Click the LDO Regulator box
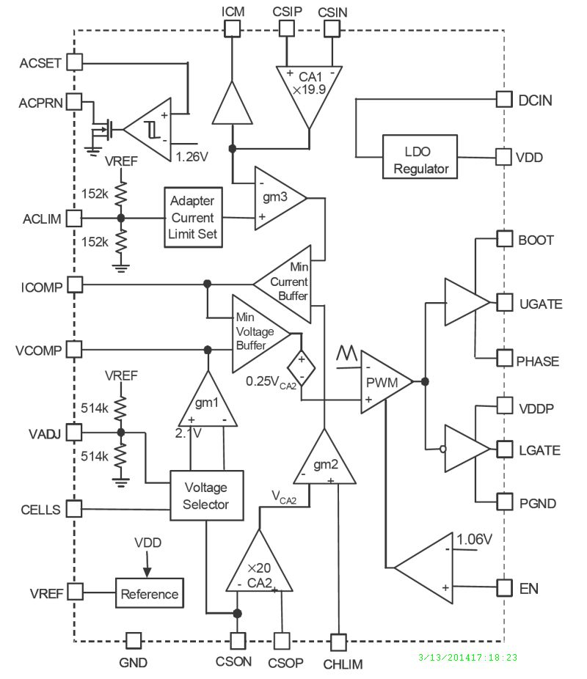(420, 157)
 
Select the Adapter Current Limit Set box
(192, 217)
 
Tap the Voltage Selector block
(205, 496)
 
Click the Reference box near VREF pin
(150, 593)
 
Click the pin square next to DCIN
(504, 99)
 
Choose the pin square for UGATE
(504, 302)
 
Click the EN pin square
(504, 587)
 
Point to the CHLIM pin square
(338, 642)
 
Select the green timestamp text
(467, 657)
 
